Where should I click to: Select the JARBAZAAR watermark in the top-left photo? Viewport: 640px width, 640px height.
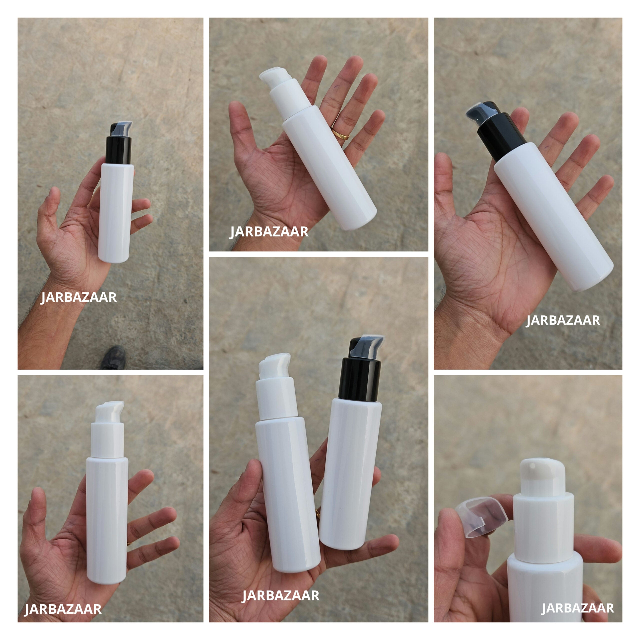pos(79,297)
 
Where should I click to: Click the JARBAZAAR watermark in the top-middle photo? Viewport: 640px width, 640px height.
pos(269,231)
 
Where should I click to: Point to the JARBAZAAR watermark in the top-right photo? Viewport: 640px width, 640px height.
pos(563,320)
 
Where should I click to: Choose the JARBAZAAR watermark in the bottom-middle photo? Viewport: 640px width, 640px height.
pos(280,595)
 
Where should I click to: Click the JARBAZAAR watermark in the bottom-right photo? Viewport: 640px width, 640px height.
pos(578,608)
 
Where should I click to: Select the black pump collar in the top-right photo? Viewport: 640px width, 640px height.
pos(501,137)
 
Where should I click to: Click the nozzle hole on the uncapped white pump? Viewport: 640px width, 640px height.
pos(532,466)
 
